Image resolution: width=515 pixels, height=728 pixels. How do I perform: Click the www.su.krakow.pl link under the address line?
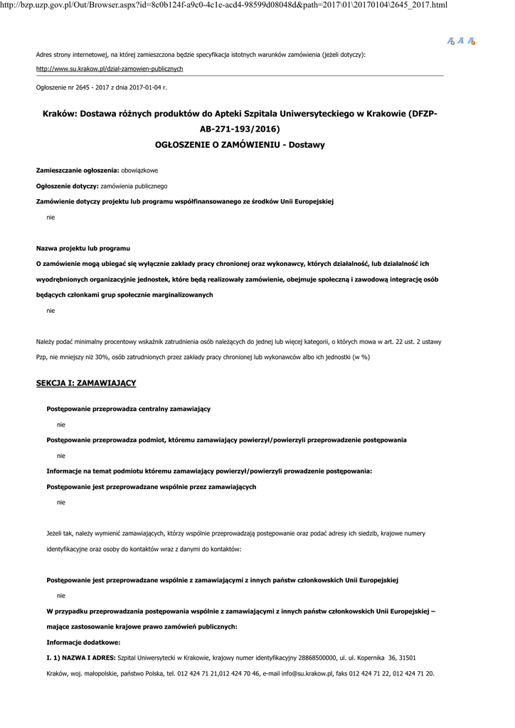tap(110, 69)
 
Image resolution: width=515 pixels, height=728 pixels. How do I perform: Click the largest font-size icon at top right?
tap(472, 41)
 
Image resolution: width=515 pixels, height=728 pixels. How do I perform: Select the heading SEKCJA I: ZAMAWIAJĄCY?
tap(86, 383)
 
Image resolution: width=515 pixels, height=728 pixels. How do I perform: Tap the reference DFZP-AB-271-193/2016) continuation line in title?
tap(240, 129)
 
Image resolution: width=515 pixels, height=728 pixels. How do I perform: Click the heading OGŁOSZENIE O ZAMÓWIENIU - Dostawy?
tap(240, 144)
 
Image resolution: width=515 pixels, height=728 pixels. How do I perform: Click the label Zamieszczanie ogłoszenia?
tap(78, 171)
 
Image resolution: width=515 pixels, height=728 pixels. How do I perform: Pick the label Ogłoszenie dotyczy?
tap(68, 186)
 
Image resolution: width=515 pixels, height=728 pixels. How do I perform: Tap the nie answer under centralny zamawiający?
tap(60, 424)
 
